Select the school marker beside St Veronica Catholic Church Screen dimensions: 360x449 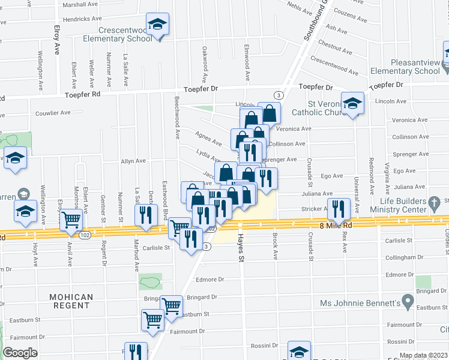tap(353, 103)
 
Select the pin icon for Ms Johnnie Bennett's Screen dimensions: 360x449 tap(408, 299)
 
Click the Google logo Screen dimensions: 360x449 tap(20, 353)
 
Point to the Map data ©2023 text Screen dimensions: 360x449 tap(424, 355)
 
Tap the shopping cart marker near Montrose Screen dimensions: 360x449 tap(71, 220)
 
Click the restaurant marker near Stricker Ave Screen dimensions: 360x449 tap(340, 209)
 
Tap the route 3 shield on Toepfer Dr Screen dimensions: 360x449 tap(278, 95)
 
